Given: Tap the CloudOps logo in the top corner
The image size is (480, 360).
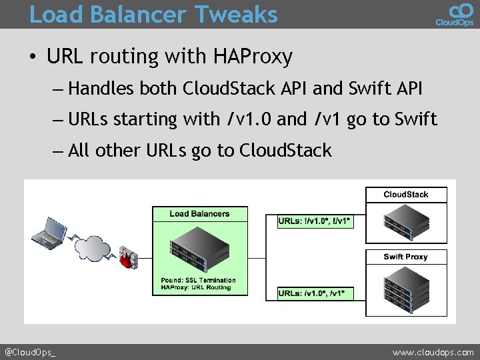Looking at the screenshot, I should coord(455,14).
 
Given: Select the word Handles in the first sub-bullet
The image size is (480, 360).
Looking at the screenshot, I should coord(101,88).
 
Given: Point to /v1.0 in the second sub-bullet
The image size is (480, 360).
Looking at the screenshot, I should coord(249,119).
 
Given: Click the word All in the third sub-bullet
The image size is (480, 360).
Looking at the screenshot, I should coord(79,151).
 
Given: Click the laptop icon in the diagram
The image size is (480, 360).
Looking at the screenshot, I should coord(50,231).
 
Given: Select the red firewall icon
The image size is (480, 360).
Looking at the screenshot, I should coord(129,257).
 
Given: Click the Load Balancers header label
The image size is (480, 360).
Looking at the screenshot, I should coord(199,214).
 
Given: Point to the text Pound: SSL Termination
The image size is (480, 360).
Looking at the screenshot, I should coord(193,280).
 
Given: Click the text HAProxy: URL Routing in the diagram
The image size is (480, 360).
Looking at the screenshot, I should coord(195,287).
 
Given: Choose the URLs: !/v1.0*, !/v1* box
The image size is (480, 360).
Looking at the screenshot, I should coord(315,221).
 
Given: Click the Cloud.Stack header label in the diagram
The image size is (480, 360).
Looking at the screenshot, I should coord(406,195).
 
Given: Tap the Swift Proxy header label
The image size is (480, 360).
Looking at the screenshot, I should coord(406,257).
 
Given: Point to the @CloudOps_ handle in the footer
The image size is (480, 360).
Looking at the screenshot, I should coord(31,352).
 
